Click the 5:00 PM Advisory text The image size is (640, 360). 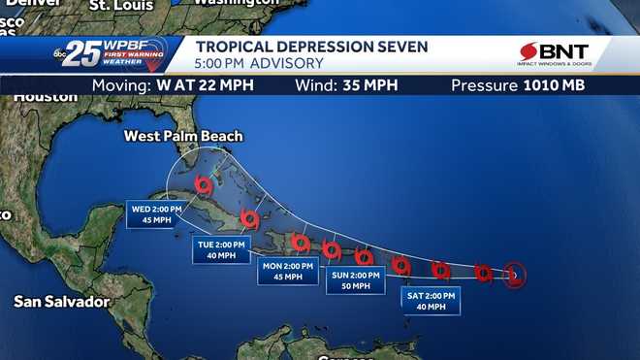[259, 64]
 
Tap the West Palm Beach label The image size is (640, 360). [183, 136]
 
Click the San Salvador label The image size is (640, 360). [61, 302]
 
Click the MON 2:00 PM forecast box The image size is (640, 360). [287, 272]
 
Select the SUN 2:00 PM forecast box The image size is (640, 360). [353, 279]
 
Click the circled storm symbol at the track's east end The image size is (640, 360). [515, 276]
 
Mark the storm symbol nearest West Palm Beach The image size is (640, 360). [203, 183]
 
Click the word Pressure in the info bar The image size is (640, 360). [484, 85]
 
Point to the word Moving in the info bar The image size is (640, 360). [121, 85]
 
